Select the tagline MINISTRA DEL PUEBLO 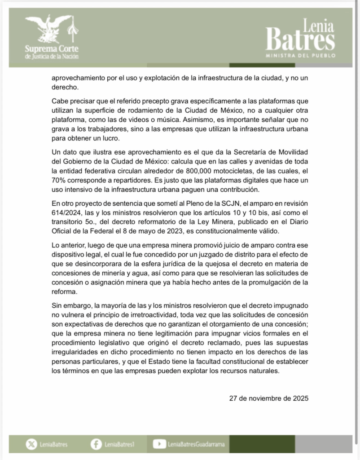click(x=300, y=57)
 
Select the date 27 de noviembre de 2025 click(x=268, y=398)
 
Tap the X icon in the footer click(x=31, y=444)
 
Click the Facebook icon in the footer click(x=96, y=444)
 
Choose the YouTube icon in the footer click(x=159, y=444)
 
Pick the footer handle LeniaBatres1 click(x=119, y=444)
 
